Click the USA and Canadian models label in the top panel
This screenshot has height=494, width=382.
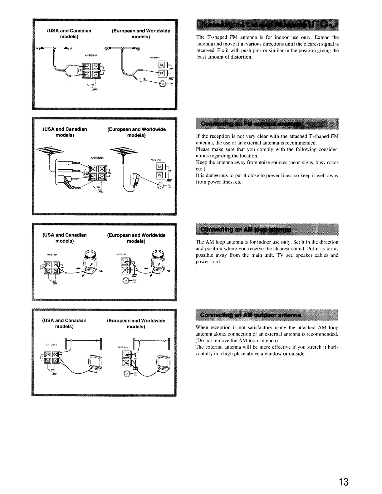point(69,34)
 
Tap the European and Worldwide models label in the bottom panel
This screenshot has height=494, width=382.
point(136,323)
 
